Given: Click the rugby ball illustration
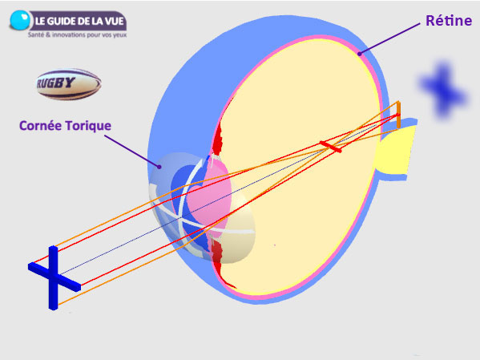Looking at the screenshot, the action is (69, 84).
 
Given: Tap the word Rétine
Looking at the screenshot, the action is (449, 21).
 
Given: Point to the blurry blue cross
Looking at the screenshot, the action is (443, 90).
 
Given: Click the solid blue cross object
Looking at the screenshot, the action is (54, 277).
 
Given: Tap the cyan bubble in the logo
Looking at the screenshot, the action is (20, 20).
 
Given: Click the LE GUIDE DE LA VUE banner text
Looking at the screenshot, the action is (79, 21).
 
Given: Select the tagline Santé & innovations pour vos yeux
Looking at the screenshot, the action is (77, 35).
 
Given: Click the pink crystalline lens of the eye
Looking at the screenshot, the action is (209, 197).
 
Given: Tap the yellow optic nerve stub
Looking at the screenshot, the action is (396, 150).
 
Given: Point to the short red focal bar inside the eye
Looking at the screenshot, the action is (330, 147).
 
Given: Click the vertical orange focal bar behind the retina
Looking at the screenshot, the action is (398, 115).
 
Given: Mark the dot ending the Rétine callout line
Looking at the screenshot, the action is (360, 55).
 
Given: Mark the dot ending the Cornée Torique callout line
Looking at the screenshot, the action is (159, 167).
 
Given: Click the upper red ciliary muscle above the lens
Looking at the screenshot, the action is (218, 140).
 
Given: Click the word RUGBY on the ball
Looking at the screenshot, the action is (55, 83).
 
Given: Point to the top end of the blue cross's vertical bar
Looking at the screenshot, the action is (53, 246).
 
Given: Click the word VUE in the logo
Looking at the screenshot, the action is (114, 21).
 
